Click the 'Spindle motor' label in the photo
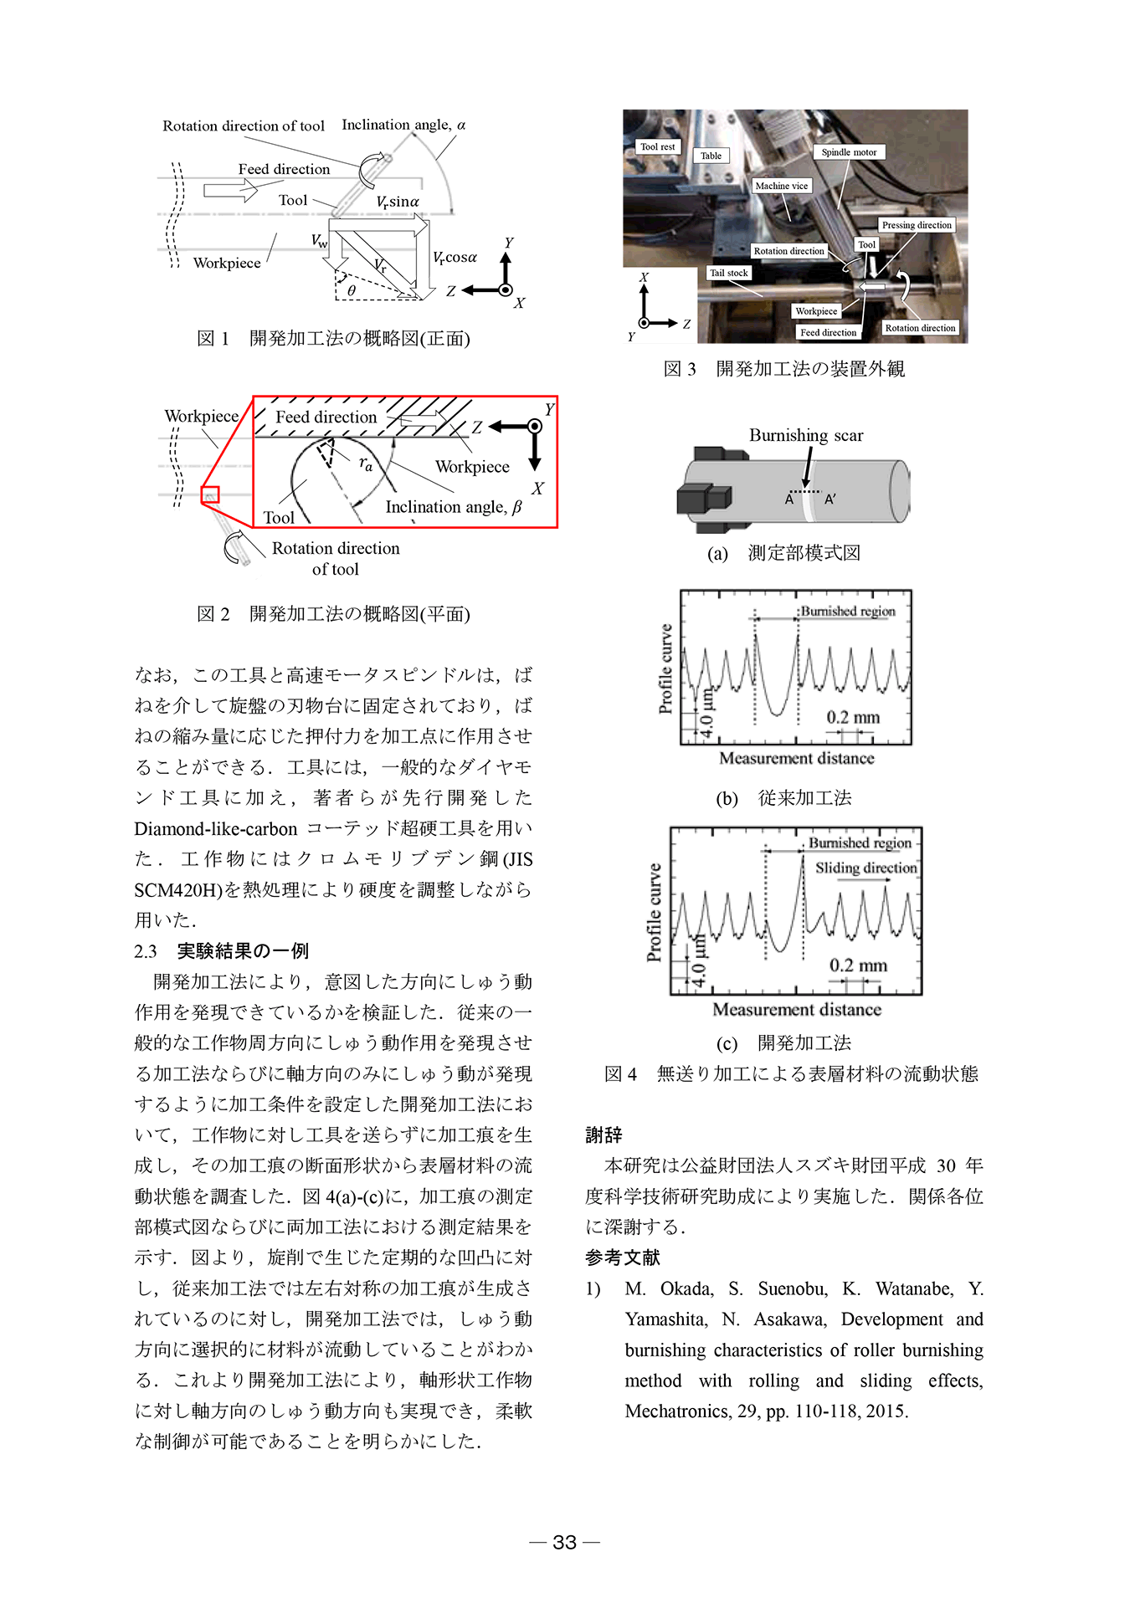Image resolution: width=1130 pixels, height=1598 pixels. point(848,152)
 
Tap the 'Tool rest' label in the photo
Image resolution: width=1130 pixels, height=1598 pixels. point(657,146)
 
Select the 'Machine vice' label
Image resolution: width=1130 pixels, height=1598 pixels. point(781,186)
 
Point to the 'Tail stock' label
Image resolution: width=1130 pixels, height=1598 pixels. point(728,273)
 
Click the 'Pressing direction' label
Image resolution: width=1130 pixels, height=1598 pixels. point(917,225)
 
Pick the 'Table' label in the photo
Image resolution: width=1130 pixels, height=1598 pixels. point(711,156)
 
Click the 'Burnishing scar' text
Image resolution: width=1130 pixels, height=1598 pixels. point(805,435)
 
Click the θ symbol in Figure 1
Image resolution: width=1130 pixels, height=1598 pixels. point(352,290)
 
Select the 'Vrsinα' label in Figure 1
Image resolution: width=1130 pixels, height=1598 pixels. point(398,202)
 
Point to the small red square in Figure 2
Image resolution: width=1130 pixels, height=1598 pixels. point(210,494)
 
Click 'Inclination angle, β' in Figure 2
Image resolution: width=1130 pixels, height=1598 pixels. point(453,507)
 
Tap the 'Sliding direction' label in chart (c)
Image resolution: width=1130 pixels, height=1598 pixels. point(865,868)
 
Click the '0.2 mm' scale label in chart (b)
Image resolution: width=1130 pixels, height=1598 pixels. point(853,717)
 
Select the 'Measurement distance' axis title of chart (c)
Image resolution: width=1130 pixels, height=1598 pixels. point(796,1010)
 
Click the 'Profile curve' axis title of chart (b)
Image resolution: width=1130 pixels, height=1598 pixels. point(665,668)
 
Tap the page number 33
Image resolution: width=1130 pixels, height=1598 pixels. point(565,1542)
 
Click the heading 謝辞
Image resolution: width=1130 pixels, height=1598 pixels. point(604,1134)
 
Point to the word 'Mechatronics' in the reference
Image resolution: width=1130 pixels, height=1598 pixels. point(676,1411)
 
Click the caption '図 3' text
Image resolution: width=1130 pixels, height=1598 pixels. point(679,369)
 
